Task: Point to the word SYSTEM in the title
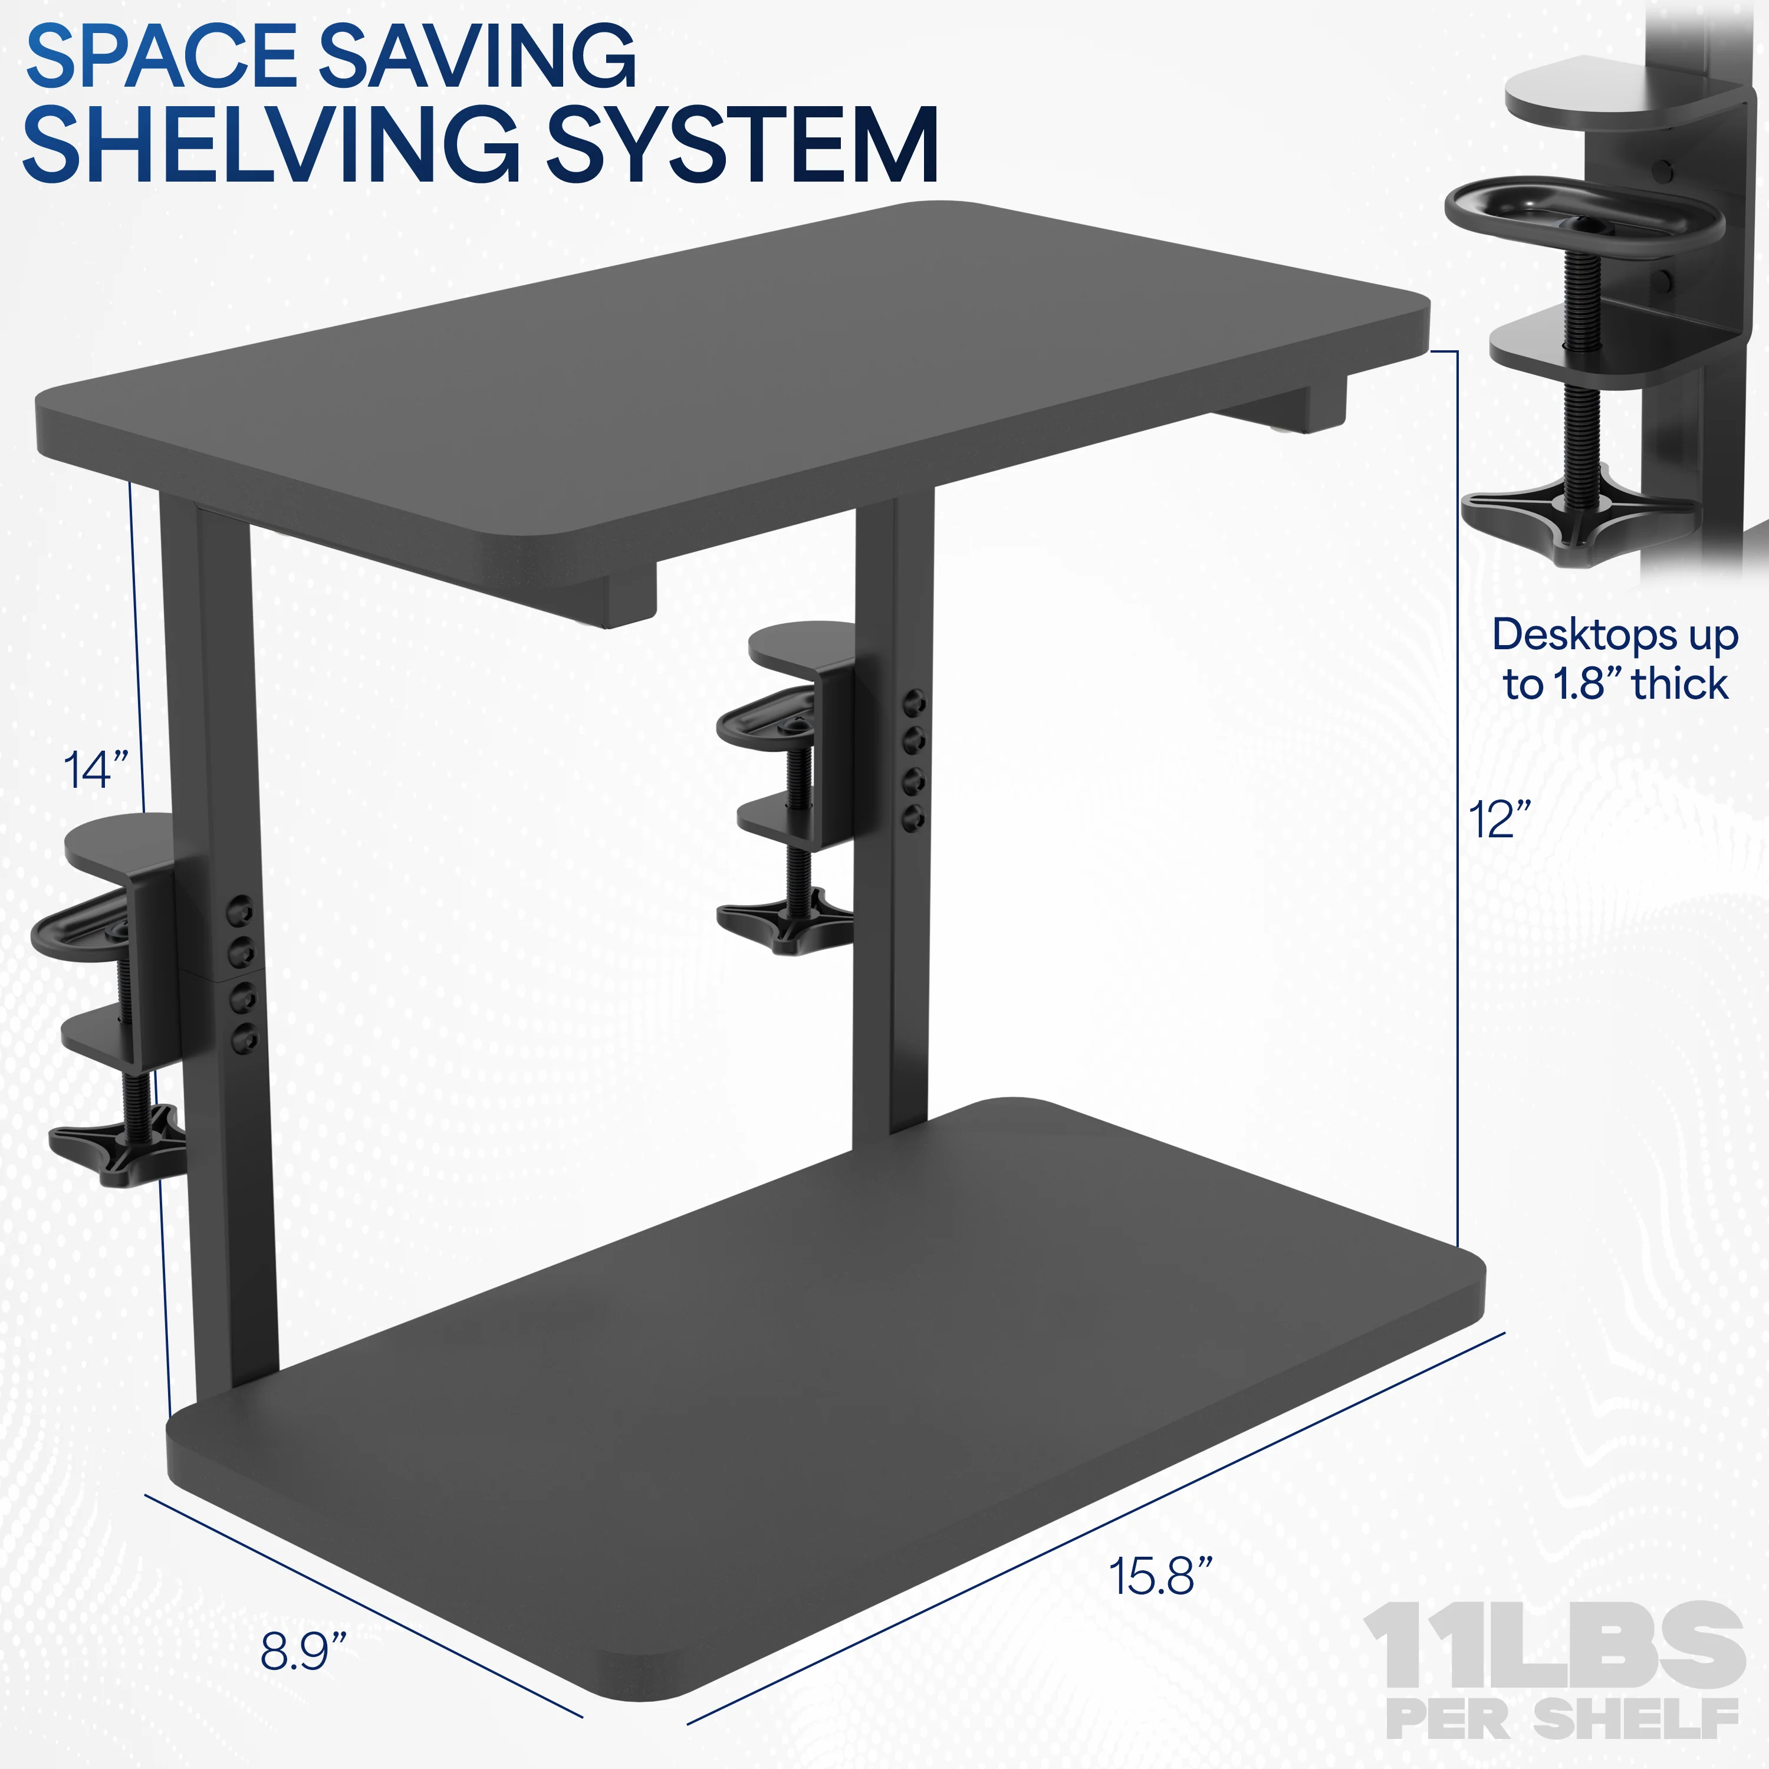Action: pyautogui.click(x=742, y=144)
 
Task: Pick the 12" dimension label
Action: pyautogui.click(x=1499, y=818)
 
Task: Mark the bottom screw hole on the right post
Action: pyautogui.click(x=914, y=818)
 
